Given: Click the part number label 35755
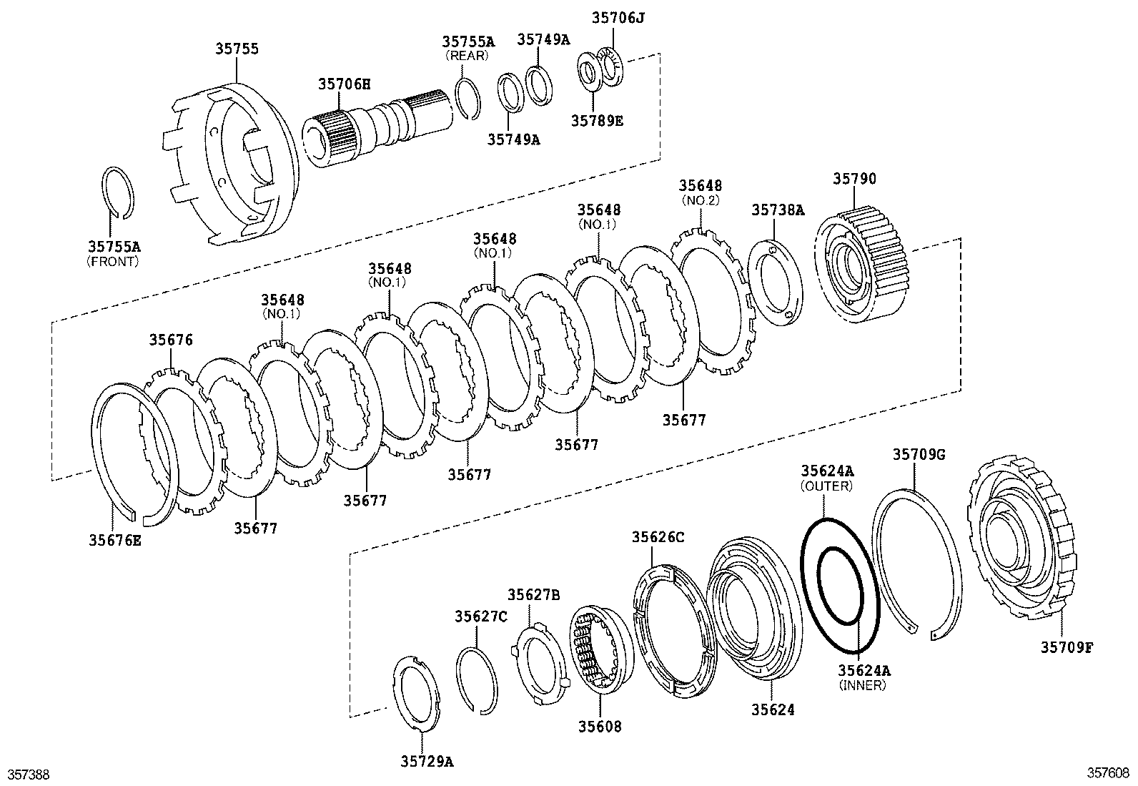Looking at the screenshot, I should [x=237, y=49].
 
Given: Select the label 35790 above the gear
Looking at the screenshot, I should [x=853, y=179].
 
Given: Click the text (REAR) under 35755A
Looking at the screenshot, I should [x=467, y=55].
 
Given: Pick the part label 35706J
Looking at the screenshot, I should [x=618, y=17].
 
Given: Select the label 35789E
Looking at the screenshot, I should [x=596, y=121].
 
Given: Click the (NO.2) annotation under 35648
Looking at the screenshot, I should [x=700, y=200].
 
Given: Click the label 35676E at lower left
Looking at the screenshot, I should [x=115, y=540].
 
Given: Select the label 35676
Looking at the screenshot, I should [x=171, y=340].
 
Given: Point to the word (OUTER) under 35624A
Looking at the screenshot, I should [x=826, y=486].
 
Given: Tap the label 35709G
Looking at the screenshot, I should [x=919, y=453].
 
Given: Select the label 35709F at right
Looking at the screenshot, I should [x=1067, y=647].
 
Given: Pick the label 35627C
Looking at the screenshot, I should [x=481, y=616].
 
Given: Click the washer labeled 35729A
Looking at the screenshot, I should [x=418, y=694].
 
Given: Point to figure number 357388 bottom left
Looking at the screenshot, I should [x=28, y=774].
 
